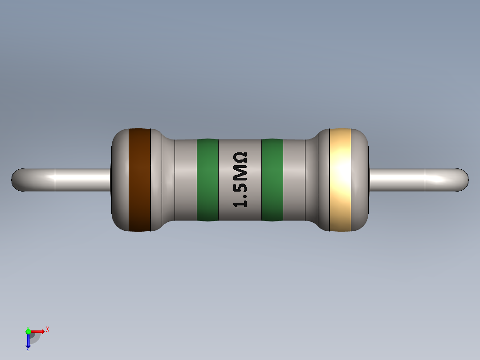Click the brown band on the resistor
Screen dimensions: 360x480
click(139, 180)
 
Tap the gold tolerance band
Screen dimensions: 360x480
click(340, 180)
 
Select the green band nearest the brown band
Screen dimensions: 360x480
click(207, 180)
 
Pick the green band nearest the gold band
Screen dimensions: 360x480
click(272, 180)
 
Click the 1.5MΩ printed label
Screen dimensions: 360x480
click(240, 180)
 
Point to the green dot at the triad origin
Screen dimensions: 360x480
click(28, 331)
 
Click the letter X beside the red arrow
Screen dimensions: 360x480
click(47, 330)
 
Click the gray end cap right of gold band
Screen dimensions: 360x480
click(361, 180)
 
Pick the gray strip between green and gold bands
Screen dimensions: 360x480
click(294, 180)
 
